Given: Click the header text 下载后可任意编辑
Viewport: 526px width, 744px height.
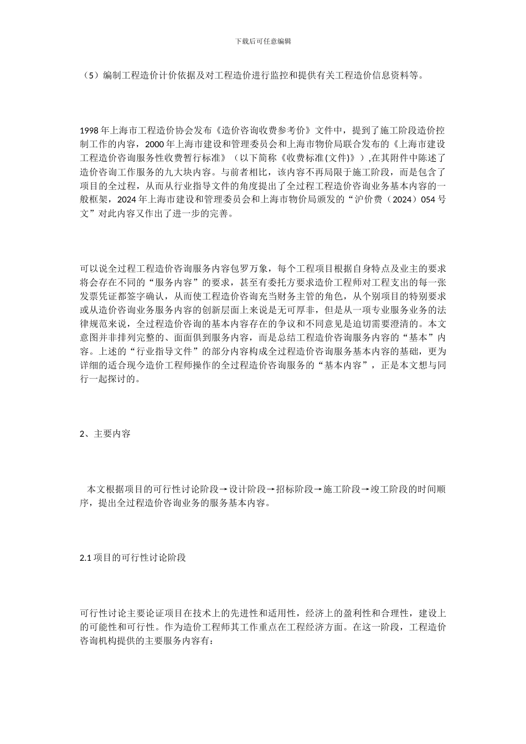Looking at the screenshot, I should pos(263,42).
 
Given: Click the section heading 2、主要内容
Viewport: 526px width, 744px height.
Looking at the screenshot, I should pos(105,434).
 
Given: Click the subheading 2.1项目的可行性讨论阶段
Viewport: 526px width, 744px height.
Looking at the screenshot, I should pos(133,558).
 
